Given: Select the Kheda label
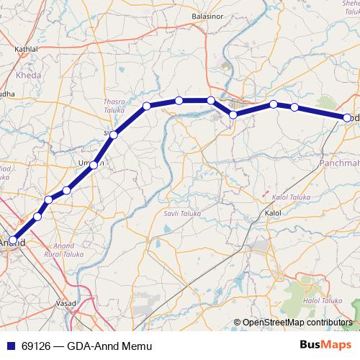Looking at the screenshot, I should coord(28,74).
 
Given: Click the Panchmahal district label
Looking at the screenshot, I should coord(338,164).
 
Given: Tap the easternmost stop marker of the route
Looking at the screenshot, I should coord(347,117).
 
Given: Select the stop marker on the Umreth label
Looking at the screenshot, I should coord(94,166).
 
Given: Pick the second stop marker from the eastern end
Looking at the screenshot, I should coord(294,107).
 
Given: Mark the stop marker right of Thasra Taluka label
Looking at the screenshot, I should coord(147,106).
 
